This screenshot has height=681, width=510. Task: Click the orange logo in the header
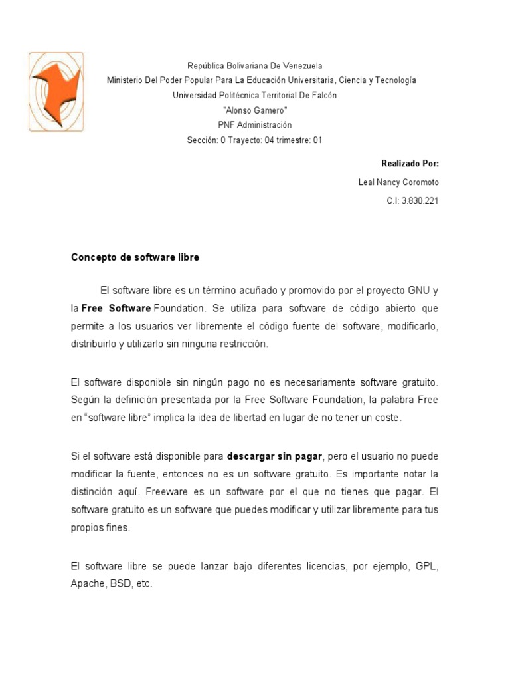click(56, 91)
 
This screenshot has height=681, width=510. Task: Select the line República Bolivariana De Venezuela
click(255, 66)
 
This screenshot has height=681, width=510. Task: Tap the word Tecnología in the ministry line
click(396, 80)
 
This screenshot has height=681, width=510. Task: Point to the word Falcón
click(321, 95)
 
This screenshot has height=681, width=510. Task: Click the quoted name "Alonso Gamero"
click(255, 110)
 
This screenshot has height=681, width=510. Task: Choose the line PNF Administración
click(255, 125)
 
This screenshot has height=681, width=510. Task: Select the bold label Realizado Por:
click(410, 164)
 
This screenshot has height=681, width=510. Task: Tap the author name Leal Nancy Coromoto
click(398, 182)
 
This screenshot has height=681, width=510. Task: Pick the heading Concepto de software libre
click(135, 257)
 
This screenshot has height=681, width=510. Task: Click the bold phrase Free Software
click(116, 309)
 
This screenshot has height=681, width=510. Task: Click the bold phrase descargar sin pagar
click(274, 457)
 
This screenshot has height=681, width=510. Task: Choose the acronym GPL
click(427, 566)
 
